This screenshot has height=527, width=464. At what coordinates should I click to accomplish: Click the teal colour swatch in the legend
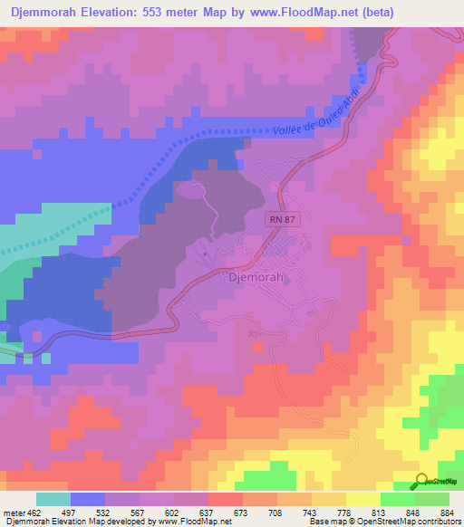click(x=53, y=499)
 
